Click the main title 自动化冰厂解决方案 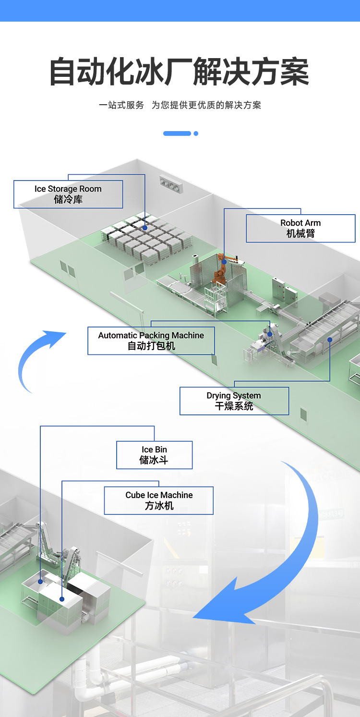click(x=180, y=73)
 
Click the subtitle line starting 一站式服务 click(x=180, y=105)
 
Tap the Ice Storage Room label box click(x=68, y=194)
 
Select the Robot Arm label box click(x=300, y=228)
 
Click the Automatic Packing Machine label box click(x=151, y=340)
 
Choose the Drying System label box click(x=234, y=401)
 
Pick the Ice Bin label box click(x=154, y=455)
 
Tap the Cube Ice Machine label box click(x=159, y=500)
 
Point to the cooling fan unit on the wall click(x=171, y=185)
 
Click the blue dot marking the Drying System click(x=330, y=340)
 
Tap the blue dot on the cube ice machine click(x=62, y=599)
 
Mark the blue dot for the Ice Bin click(x=40, y=582)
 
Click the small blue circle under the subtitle click(x=196, y=134)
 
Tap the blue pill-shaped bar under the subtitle click(x=177, y=134)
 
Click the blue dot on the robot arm click(x=224, y=262)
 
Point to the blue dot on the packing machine click(x=270, y=334)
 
